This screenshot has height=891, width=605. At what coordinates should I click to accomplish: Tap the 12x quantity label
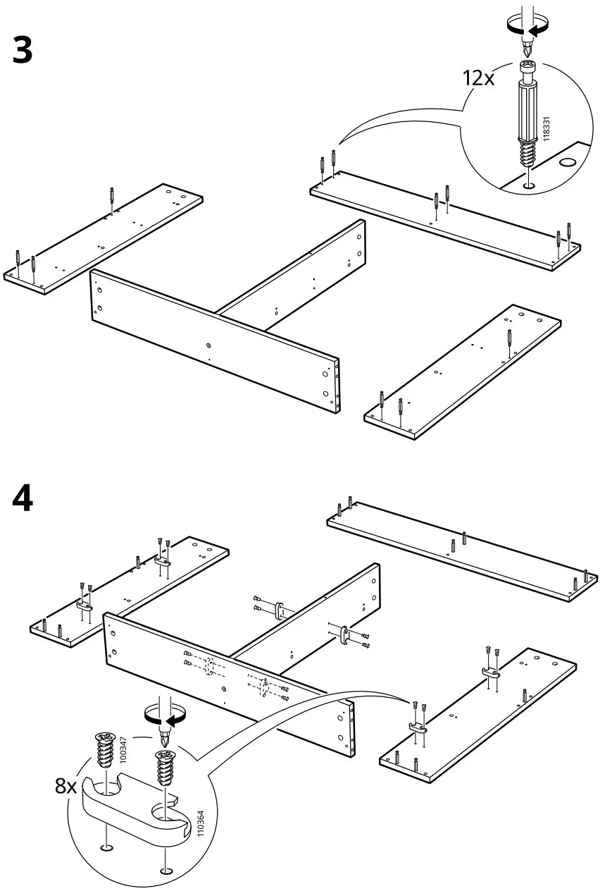(478, 78)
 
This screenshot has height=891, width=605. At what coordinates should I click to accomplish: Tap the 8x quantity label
(66, 785)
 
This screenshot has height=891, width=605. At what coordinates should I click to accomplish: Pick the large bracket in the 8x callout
(134, 807)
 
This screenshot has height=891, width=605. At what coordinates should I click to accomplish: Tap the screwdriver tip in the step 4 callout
(166, 739)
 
